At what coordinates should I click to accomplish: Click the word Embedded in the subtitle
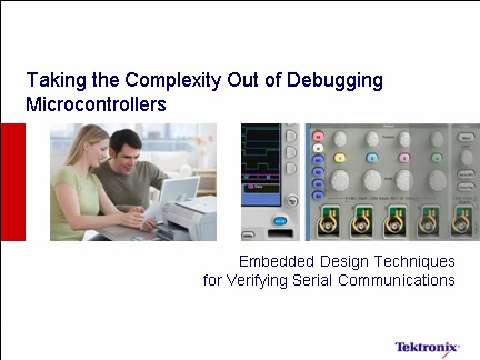(275, 262)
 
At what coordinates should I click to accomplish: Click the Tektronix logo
(426, 347)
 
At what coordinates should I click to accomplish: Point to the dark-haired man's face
(123, 146)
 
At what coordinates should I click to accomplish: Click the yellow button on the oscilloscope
(340, 157)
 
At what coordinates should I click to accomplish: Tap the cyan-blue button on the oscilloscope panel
(372, 157)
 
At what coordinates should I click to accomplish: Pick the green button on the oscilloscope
(436, 157)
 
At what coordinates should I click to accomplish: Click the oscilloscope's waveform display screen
(262, 165)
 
